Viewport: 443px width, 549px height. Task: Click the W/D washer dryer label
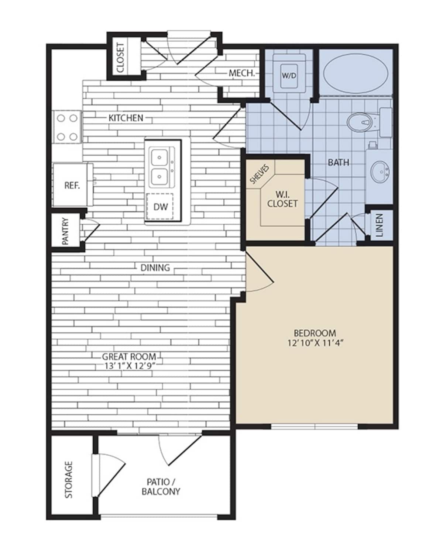pos(289,76)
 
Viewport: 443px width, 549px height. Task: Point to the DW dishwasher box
pos(160,207)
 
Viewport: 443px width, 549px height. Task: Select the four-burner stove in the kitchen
pos(67,127)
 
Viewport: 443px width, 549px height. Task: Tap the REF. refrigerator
pos(72,185)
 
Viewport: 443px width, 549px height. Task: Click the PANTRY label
pos(66,231)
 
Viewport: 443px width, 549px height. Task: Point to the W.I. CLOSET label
pos(282,199)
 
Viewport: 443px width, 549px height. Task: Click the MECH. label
pos(242,73)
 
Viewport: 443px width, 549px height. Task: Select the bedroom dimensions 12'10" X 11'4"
pos(315,343)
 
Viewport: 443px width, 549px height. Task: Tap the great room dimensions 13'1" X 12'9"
pos(129,366)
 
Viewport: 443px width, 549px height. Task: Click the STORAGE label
pos(69,479)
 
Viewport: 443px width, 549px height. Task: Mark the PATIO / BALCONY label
pos(161,487)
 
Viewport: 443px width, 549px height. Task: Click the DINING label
pos(155,267)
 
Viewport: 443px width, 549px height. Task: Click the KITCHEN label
pos(126,118)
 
